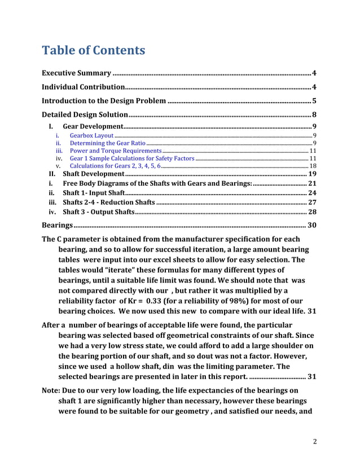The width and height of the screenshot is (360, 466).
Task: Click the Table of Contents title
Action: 94,51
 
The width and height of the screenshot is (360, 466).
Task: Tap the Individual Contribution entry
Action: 84,87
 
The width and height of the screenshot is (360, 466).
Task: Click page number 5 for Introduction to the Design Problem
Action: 314,101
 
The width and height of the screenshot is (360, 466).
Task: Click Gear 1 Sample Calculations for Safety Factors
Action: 131,159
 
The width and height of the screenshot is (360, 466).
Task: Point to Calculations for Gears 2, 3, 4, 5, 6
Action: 115,166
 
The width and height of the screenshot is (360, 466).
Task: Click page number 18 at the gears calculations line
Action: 313,166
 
